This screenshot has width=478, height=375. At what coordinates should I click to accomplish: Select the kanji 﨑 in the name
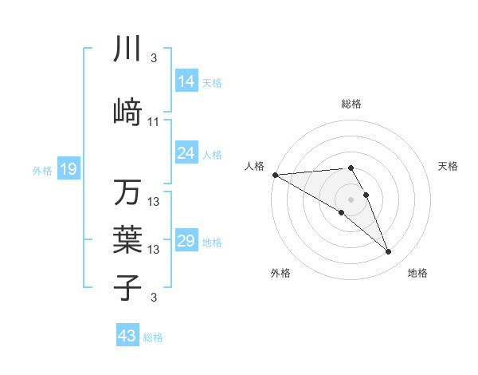click(127, 112)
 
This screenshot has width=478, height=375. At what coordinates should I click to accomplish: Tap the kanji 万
click(127, 193)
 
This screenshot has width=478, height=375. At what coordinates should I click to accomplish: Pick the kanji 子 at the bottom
click(127, 286)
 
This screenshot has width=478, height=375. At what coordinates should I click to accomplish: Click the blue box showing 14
click(186, 81)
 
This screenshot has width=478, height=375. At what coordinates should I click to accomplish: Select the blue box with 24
click(186, 153)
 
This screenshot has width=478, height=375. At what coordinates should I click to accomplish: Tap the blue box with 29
click(186, 241)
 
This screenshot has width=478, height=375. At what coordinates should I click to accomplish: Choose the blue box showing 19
click(68, 169)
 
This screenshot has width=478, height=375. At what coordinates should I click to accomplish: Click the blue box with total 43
click(127, 336)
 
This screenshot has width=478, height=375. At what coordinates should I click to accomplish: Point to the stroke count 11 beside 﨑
click(154, 122)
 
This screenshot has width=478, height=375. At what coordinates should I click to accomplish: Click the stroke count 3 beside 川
click(154, 58)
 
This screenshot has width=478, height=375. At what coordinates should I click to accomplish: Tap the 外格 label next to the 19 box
click(42, 170)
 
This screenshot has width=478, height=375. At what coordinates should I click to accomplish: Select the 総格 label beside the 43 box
click(153, 337)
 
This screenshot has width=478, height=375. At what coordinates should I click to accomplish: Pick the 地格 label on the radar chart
click(417, 273)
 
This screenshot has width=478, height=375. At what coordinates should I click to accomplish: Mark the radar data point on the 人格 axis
click(275, 175)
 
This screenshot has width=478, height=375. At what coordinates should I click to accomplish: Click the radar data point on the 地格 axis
click(389, 252)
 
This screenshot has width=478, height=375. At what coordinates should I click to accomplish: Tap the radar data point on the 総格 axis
click(351, 168)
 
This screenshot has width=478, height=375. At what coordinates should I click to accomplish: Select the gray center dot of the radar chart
click(351, 198)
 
